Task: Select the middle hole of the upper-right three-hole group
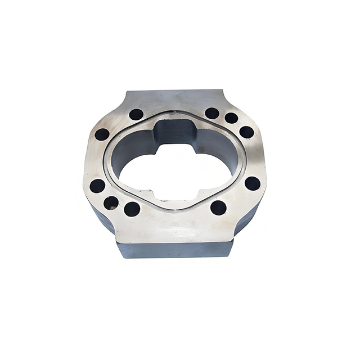(x=231, y=118)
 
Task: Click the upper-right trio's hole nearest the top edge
(x=212, y=113)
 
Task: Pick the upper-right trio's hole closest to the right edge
(x=246, y=132)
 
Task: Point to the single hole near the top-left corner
(x=136, y=115)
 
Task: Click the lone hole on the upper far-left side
(x=102, y=134)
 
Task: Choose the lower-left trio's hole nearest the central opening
(x=132, y=209)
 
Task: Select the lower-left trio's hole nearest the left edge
(x=97, y=186)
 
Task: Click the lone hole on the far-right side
(x=253, y=183)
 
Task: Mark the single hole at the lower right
(x=218, y=208)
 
